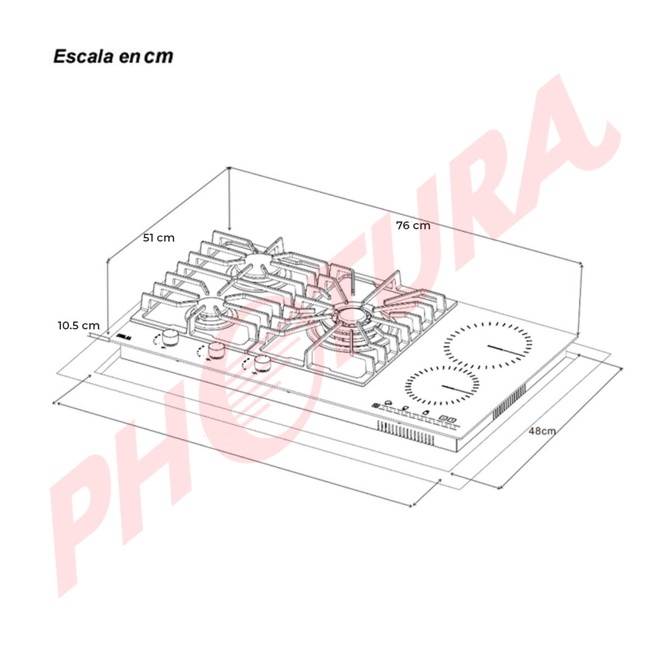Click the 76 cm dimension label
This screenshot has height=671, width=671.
click(x=413, y=226)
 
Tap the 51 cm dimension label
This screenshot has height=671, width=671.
click(x=159, y=238)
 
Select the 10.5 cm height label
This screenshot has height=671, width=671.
click(x=79, y=325)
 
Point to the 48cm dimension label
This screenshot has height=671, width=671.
click(x=542, y=431)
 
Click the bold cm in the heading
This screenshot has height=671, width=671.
click(x=159, y=56)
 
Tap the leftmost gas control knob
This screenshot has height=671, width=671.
click(x=171, y=337)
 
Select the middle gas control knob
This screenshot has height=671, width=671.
click(x=216, y=351)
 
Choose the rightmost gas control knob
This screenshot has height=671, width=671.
click(x=262, y=363)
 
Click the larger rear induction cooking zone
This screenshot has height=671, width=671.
click(x=488, y=346)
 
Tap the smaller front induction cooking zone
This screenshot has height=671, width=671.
click(x=442, y=386)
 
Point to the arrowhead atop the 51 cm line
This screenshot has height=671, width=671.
click(x=229, y=169)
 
